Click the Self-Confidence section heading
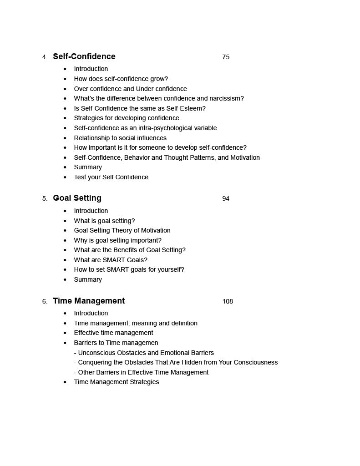pyautogui.click(x=84, y=56)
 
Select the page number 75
pyautogui.click(x=226, y=57)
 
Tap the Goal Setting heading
pyautogui.click(x=77, y=198)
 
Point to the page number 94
pyautogui.click(x=226, y=199)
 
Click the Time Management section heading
pyautogui.click(x=89, y=301)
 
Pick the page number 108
pyautogui.click(x=228, y=301)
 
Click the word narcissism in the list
pyautogui.click(x=226, y=98)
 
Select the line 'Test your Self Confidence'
pyautogui.click(x=111, y=177)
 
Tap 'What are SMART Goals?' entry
pyautogui.click(x=111, y=260)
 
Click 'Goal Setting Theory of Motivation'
pyautogui.click(x=122, y=230)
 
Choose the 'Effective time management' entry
pyautogui.click(x=113, y=333)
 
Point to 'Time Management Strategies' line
pyautogui.click(x=117, y=382)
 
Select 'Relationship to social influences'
pyautogui.click(x=120, y=138)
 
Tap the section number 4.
pyautogui.click(x=44, y=57)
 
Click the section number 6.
pyautogui.click(x=44, y=302)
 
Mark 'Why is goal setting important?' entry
pyautogui.click(x=117, y=240)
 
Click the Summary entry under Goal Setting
pyautogui.click(x=88, y=279)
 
